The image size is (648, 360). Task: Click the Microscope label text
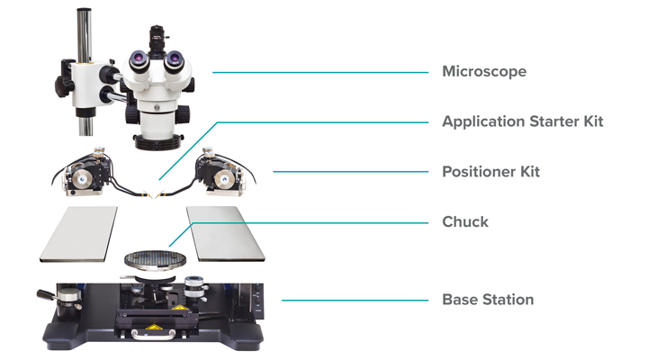483,71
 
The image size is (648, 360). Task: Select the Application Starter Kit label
522,121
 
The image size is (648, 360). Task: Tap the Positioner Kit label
490,171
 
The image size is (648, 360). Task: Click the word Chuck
465,221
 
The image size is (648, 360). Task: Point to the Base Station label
487,300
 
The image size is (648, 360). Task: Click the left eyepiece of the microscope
140,60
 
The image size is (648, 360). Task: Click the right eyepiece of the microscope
172,60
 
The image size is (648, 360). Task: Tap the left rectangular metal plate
78,232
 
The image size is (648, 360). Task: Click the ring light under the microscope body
158,139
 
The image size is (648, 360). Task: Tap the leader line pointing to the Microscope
319,72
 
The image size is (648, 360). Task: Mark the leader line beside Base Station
355,300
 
